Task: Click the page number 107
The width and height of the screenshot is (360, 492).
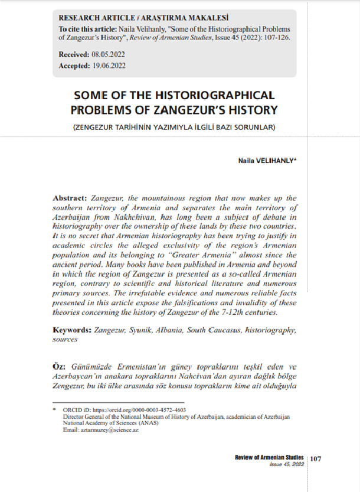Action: (315, 459)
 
